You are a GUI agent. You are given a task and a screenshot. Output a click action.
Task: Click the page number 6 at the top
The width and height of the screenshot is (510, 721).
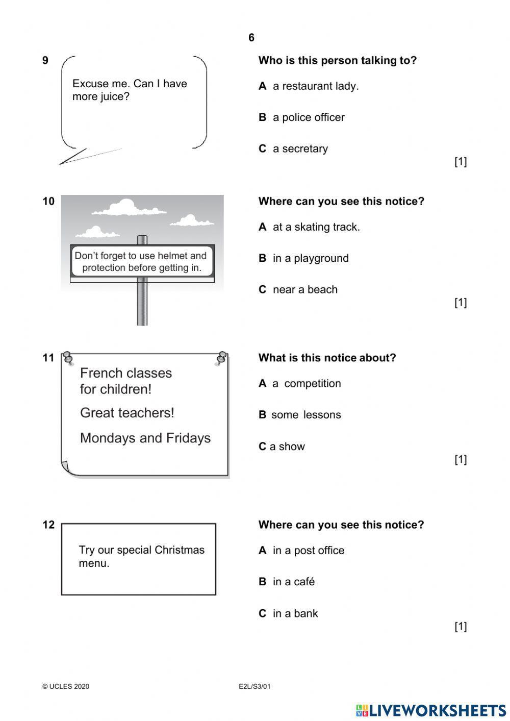pos(251,38)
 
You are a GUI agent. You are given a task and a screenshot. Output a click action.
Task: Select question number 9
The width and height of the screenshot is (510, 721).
pos(45,61)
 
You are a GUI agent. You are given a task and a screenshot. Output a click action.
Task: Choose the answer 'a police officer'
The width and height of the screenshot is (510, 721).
pos(308,117)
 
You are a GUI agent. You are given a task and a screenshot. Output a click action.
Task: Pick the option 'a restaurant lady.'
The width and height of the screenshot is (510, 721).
pos(315,86)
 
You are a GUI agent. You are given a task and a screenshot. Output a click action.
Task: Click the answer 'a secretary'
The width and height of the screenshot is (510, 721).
pos(300,149)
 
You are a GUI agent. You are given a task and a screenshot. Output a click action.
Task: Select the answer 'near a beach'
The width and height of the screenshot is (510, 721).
pos(304,290)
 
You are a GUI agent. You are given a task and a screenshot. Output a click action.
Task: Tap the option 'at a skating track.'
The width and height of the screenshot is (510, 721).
pos(316,227)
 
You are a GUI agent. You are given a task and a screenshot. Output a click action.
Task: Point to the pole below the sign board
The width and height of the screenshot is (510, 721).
pos(142,304)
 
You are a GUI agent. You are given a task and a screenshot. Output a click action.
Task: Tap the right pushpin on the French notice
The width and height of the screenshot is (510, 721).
pos(221,358)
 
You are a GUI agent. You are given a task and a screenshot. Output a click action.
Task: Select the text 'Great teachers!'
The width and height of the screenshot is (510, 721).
pos(127,413)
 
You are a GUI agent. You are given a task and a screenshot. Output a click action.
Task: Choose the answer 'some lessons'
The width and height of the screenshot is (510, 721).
pos(305,415)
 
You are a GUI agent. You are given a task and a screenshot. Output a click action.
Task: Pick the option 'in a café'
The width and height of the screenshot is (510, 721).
pos(293,582)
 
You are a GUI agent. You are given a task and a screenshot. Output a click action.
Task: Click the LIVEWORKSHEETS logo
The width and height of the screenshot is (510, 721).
pos(430,710)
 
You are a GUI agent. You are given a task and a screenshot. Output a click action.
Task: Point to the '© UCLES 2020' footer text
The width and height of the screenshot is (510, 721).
pos(66,686)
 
